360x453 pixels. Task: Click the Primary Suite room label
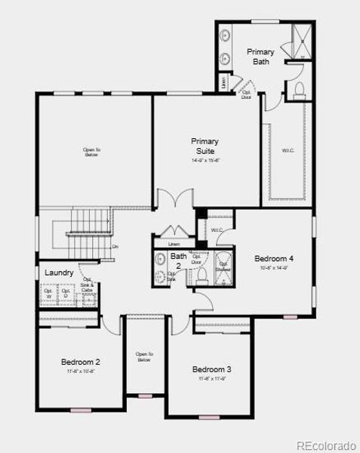click(x=205, y=146)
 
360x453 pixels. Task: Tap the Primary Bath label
click(x=260, y=56)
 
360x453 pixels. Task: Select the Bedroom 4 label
click(x=273, y=258)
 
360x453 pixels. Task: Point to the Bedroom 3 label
click(x=211, y=369)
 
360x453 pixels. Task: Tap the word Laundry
click(x=59, y=273)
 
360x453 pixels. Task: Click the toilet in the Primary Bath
click(x=298, y=91)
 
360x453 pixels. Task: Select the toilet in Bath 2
click(x=201, y=276)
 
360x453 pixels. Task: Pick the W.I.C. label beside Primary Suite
click(x=288, y=150)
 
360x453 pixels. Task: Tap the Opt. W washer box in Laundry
click(x=49, y=293)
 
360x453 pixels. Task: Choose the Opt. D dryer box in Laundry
click(x=67, y=293)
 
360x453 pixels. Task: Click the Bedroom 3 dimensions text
click(x=211, y=378)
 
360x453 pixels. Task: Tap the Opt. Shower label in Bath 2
click(x=224, y=267)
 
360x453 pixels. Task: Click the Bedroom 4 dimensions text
click(x=273, y=267)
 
